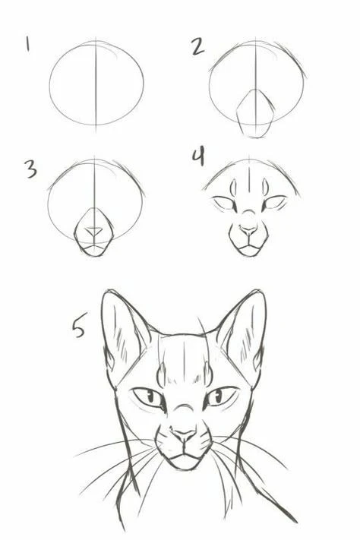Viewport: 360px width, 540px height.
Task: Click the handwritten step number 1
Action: [x=27, y=44]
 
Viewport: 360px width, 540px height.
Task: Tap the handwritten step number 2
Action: [x=197, y=46]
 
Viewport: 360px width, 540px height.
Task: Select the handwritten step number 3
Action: [x=31, y=169]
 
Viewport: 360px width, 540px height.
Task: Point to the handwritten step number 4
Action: [x=199, y=157]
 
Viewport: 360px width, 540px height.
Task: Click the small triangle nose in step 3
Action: [x=94, y=231]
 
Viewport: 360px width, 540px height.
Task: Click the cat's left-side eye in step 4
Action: [x=225, y=204]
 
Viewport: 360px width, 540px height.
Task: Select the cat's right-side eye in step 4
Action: [x=274, y=203]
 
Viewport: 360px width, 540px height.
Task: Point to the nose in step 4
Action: [x=248, y=229]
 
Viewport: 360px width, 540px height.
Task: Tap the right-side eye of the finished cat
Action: [x=221, y=396]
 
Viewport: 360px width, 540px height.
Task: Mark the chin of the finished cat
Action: [x=185, y=463]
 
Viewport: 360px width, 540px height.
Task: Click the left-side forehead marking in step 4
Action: [x=233, y=188]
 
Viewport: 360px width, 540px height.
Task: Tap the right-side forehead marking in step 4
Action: [x=265, y=187]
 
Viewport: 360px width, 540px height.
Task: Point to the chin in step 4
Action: [x=249, y=251]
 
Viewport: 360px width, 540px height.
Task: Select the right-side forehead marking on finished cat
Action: [x=208, y=374]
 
